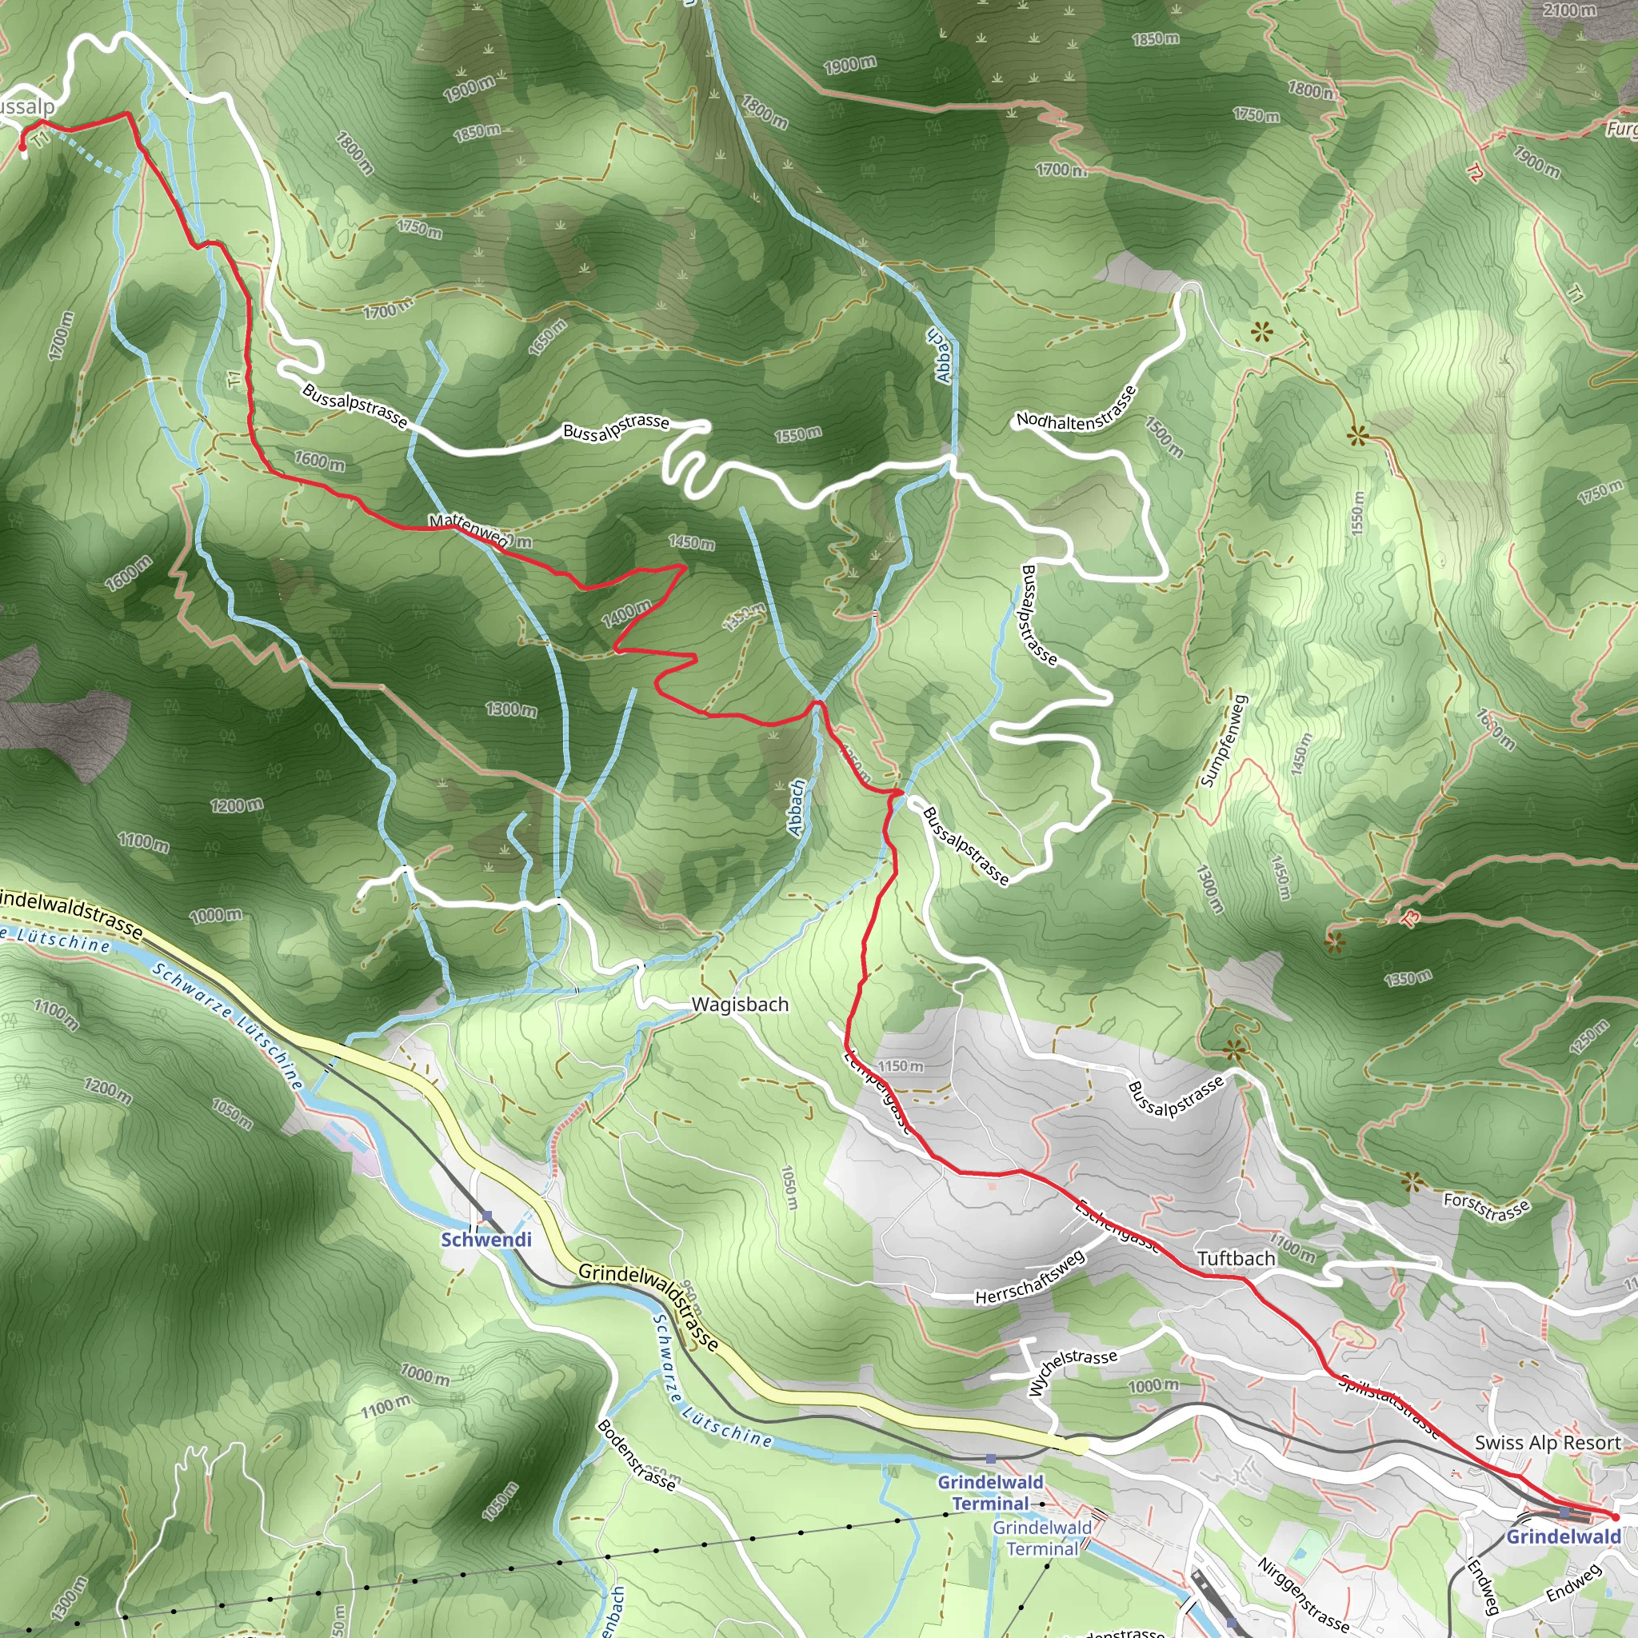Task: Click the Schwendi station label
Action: click(485, 1239)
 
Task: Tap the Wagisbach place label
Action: click(739, 1004)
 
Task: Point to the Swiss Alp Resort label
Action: click(1548, 1442)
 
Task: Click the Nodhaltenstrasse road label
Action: click(1077, 410)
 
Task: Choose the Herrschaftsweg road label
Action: click(1029, 1276)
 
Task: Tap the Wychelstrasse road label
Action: click(1072, 1370)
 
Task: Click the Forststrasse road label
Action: click(1486, 1206)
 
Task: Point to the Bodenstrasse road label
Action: click(637, 1455)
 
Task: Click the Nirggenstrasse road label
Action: click(1302, 1594)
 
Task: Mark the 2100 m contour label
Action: click(1569, 10)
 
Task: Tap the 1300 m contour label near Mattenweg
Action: click(511, 709)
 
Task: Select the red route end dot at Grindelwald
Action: click(1615, 1516)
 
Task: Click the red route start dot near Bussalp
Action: click(23, 147)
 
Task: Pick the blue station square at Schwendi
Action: click(486, 1217)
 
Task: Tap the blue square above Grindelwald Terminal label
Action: click(990, 1459)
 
